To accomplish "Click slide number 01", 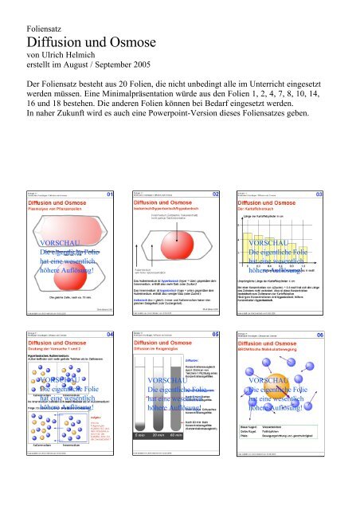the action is (x=110, y=193).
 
